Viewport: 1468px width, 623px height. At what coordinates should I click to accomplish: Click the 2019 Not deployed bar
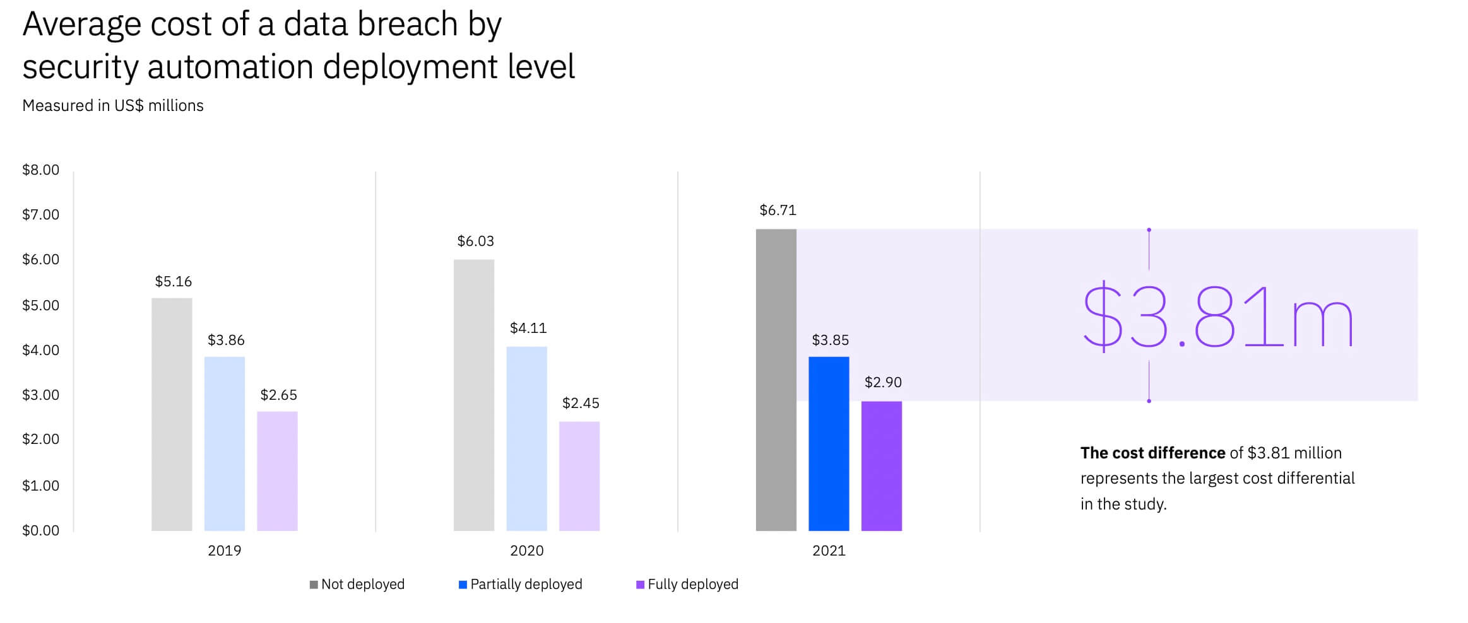[x=172, y=414]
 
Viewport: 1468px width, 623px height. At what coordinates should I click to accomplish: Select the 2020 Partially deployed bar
[x=526, y=438]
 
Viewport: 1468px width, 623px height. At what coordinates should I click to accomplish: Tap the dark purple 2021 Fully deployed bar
[x=881, y=466]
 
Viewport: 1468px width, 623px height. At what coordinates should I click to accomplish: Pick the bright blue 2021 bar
[x=829, y=443]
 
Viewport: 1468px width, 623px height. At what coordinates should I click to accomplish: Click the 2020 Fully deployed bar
[x=579, y=476]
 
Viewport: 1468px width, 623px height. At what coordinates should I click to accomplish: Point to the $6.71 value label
[x=778, y=210]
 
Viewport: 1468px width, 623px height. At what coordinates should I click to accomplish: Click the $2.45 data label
[x=581, y=403]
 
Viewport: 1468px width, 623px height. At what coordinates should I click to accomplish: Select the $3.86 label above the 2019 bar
[x=226, y=340]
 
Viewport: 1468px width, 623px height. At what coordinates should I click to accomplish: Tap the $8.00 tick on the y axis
[x=40, y=170]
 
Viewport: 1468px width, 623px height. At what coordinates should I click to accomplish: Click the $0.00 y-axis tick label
[x=40, y=530]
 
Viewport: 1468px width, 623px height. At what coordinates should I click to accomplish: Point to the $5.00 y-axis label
[x=40, y=305]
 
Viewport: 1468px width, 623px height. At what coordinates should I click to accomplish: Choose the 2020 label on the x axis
[x=526, y=550]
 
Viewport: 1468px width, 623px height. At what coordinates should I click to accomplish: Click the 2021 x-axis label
[x=829, y=550]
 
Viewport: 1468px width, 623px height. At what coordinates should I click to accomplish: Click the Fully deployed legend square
[x=640, y=585]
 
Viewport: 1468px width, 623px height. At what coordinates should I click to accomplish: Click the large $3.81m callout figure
[x=1217, y=317]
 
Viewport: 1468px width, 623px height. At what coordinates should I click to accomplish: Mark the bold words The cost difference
[x=1152, y=453]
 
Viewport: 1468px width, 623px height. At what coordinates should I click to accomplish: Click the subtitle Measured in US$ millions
[x=113, y=105]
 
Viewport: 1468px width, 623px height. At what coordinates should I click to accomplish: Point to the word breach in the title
[x=406, y=24]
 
